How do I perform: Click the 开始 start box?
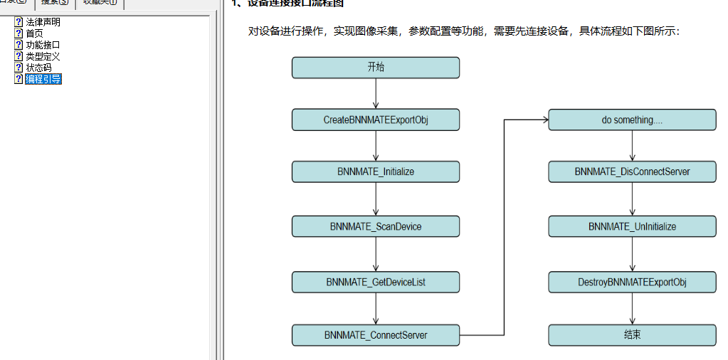point(375,68)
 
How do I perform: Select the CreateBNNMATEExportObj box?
point(375,120)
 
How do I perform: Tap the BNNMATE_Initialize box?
point(375,171)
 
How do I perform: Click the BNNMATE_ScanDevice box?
point(375,226)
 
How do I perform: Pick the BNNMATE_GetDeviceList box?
point(375,282)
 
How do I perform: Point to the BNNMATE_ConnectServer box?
point(375,334)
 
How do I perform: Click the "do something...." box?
point(632,120)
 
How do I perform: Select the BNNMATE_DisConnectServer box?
point(632,171)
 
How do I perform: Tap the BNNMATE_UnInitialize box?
point(632,226)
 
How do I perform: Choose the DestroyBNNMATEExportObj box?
point(632,282)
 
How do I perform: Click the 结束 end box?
point(632,334)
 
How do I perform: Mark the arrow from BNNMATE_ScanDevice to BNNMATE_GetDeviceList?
point(376,254)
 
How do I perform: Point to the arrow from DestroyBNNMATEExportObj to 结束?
point(633,308)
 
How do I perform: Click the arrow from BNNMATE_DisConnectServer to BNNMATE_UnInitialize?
point(633,199)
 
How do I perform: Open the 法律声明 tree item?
point(43,22)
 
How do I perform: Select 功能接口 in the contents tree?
point(43,45)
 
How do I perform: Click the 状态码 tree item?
point(38,68)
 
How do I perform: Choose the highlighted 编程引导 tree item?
point(43,79)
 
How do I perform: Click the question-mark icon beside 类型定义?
point(19,56)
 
